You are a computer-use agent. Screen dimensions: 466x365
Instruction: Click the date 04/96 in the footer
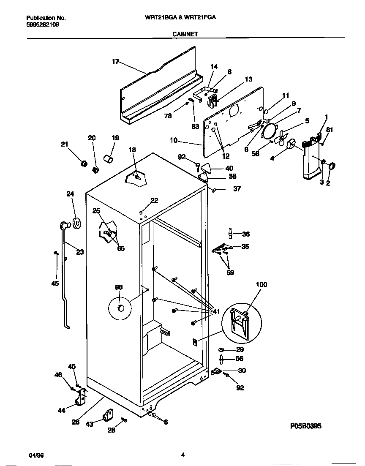[36, 455]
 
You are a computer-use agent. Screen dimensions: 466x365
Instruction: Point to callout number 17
[115, 61]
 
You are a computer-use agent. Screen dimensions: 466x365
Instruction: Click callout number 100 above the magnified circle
[261, 285]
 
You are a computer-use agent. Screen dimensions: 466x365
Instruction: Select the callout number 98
[119, 287]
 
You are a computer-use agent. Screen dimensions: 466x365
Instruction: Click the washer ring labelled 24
[76, 223]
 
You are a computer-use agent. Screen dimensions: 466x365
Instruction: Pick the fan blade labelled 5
[282, 138]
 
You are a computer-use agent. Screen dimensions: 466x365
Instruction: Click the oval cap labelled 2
[330, 166]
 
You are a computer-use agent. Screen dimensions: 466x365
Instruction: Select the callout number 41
[216, 311]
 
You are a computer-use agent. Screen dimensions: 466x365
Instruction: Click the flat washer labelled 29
[221, 350]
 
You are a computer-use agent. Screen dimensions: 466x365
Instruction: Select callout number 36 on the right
[246, 234]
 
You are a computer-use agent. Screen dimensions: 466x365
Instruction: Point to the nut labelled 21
[84, 163]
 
